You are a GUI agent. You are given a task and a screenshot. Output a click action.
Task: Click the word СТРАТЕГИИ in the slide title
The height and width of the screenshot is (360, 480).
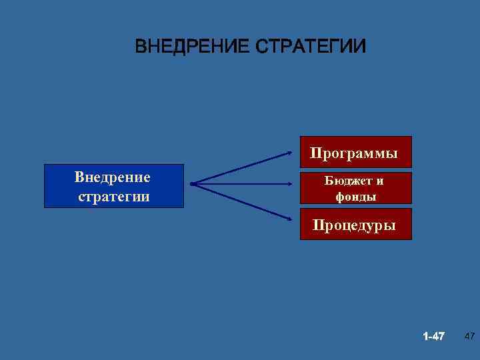click(x=311, y=47)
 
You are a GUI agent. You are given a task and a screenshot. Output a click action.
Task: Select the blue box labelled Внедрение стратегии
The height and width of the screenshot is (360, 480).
click(x=113, y=186)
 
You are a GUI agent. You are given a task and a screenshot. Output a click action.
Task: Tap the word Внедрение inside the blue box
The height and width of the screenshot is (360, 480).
click(x=113, y=177)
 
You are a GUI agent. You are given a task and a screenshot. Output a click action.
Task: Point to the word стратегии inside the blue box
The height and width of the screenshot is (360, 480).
click(x=113, y=197)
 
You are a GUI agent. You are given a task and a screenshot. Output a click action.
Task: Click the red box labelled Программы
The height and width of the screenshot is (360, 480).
click(x=354, y=153)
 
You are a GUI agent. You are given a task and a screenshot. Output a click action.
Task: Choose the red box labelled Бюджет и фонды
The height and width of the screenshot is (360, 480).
click(x=355, y=188)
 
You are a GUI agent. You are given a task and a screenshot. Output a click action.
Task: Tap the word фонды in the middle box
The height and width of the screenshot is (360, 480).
click(x=355, y=197)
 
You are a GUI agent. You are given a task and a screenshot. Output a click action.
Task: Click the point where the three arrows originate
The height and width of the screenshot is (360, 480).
click(x=191, y=183)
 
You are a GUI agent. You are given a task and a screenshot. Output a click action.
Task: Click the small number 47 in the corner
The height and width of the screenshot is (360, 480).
click(x=469, y=335)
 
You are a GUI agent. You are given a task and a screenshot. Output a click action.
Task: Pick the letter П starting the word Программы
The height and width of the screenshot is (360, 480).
click(x=315, y=153)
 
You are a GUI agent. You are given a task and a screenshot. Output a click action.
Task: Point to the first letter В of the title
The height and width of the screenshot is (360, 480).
click(x=140, y=47)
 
